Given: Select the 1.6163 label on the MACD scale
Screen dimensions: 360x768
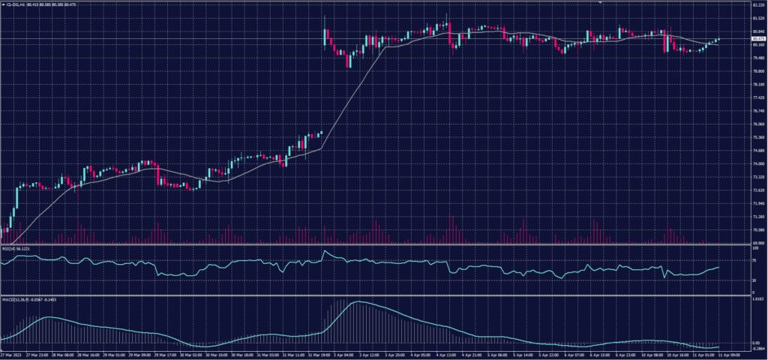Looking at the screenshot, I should (757, 298).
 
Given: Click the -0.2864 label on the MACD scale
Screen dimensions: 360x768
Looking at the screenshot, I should (757, 349).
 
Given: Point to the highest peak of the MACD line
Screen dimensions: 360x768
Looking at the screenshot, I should (355, 301).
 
